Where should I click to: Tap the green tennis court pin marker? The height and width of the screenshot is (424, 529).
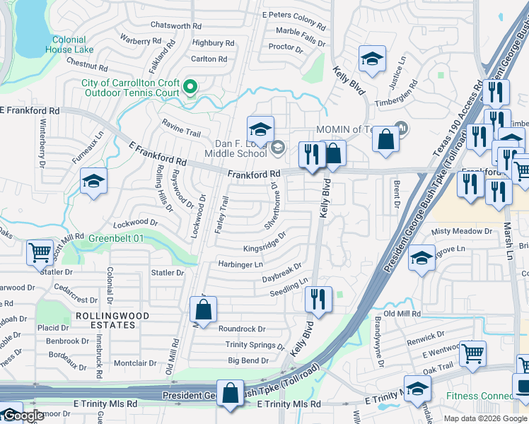(190, 87)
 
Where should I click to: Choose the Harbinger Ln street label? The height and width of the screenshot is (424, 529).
(240, 264)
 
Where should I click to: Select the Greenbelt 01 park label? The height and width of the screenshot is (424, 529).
(116, 239)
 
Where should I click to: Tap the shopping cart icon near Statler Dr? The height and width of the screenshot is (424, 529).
(40, 252)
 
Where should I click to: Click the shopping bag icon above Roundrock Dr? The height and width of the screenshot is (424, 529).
(203, 310)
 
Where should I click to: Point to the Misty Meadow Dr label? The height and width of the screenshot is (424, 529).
(461, 232)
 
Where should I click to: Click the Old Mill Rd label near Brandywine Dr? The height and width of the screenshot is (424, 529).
(402, 313)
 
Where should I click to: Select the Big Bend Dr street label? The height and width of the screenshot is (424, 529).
(248, 360)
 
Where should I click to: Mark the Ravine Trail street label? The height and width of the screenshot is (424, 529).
(181, 131)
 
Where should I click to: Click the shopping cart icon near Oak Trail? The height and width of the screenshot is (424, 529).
(472, 353)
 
